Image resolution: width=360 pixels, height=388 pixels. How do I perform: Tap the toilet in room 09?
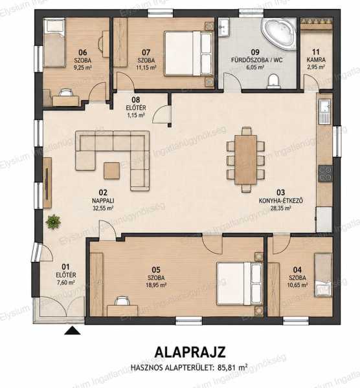273,81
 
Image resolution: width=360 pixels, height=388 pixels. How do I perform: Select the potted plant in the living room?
53,222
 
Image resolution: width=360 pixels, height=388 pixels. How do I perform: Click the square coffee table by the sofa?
111,170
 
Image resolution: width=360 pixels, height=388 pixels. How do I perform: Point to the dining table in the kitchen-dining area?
246,160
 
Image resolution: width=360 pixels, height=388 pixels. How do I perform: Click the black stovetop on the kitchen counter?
325,173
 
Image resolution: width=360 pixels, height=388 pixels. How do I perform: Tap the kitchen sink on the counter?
325,111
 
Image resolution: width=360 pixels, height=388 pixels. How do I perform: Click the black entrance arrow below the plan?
72,330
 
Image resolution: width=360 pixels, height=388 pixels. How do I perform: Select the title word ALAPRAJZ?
190,352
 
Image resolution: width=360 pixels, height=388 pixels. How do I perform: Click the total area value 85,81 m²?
232,367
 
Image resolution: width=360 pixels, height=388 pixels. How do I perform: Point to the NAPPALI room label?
103,200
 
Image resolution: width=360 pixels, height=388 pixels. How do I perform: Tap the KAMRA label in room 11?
316,60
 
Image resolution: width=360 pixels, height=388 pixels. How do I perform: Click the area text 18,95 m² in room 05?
156,285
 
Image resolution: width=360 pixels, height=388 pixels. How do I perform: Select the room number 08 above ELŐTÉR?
136,100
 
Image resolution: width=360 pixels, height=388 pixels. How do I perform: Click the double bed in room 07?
189,53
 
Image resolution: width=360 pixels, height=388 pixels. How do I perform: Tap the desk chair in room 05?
122,301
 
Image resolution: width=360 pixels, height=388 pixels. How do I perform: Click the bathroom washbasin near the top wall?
225,27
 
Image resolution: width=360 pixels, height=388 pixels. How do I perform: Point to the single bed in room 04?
323,274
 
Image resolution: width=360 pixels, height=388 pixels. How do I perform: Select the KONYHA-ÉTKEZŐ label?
280,200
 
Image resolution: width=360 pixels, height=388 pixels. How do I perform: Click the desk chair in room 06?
65,92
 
